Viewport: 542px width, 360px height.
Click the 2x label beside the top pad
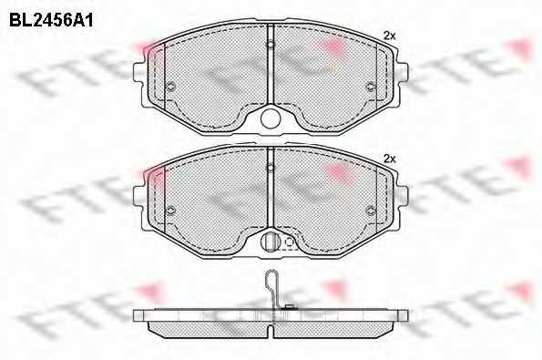click(x=390, y=35)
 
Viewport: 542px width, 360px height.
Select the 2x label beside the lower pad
click(x=390, y=158)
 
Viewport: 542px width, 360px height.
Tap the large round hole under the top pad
click(x=271, y=118)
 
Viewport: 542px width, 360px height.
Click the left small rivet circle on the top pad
click(x=171, y=87)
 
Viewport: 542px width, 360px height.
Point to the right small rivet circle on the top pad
click(x=370, y=87)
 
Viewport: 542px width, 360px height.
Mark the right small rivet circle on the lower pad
click(x=370, y=210)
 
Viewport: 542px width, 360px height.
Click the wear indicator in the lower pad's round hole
click(x=270, y=242)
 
